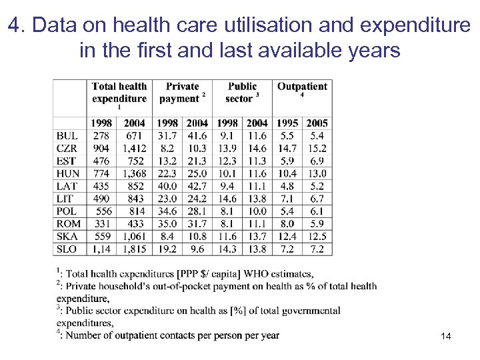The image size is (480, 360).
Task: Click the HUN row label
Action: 67,173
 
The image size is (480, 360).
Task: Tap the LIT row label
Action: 66,199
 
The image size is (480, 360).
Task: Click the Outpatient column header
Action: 302,87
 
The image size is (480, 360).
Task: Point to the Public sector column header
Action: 241,93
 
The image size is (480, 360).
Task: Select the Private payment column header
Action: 181,93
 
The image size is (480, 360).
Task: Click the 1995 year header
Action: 287,123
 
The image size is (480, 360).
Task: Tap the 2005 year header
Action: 317,123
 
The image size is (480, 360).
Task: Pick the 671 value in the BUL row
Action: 135,135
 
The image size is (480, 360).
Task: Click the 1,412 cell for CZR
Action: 134,148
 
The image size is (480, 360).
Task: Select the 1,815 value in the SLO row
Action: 134,249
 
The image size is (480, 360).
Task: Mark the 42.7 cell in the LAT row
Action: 197,186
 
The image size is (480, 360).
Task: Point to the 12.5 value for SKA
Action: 317,237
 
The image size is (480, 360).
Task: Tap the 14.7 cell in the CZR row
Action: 287,148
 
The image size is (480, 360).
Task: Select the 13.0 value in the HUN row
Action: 317,173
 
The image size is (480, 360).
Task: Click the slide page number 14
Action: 446,337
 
